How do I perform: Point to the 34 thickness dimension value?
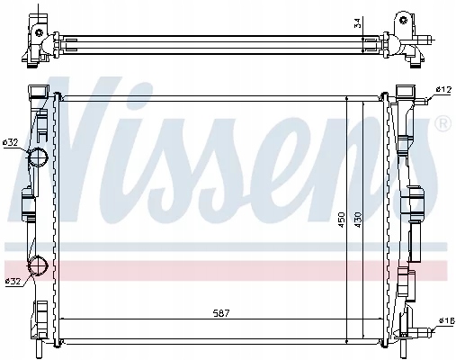(x=358, y=22)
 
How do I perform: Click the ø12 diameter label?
(x=443, y=88)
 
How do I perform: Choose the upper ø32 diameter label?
(x=11, y=142)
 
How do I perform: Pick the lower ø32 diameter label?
(x=13, y=282)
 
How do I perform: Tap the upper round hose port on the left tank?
(x=38, y=159)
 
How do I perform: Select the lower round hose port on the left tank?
(x=38, y=266)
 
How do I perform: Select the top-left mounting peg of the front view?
(x=39, y=94)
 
